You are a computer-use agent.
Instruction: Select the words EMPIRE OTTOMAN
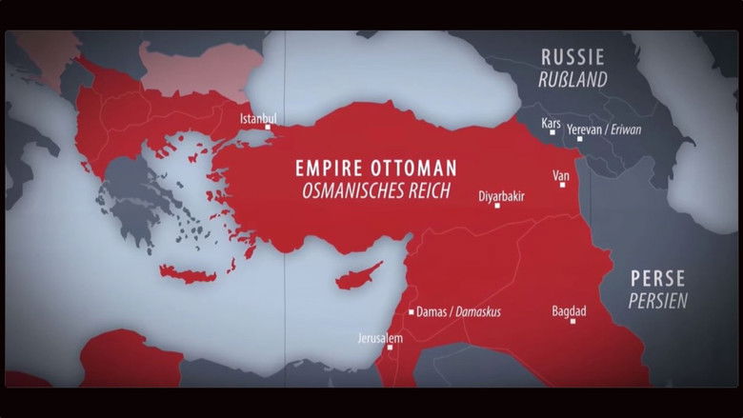pos(376,168)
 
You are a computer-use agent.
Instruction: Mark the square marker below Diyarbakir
pos(496,206)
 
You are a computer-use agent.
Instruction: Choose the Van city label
pos(562,175)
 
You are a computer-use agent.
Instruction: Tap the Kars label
pos(551,124)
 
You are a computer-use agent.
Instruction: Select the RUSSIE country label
pos(572,58)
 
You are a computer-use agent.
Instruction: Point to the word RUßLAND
pos(572,80)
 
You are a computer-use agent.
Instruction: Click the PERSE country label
pos(657,278)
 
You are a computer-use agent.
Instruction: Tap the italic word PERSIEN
pos(658,300)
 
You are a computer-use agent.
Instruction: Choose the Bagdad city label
pos(569,310)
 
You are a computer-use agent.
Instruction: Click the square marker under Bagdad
pos(572,321)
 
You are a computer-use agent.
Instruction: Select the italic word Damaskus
pos(477,311)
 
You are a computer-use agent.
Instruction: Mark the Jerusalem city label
pos(380,338)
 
